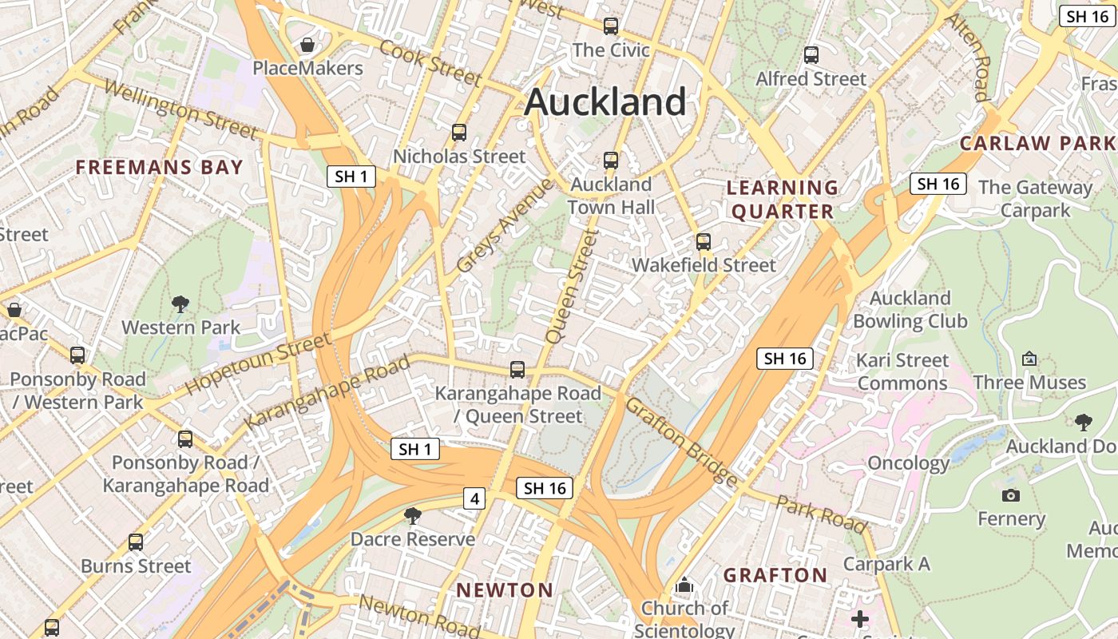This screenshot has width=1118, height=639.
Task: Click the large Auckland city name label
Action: tap(605, 102)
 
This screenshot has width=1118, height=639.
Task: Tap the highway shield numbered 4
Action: tap(474, 499)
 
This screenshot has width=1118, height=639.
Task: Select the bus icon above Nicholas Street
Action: tap(458, 133)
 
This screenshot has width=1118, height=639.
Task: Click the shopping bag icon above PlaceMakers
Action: tap(307, 45)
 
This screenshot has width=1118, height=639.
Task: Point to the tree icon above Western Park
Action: tap(180, 304)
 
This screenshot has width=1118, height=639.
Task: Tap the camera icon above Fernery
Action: tap(1011, 495)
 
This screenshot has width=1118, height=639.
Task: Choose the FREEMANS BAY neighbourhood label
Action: tap(159, 168)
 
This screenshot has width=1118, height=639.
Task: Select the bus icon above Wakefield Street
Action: tap(703, 241)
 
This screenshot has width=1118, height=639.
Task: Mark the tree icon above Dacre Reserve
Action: tap(413, 516)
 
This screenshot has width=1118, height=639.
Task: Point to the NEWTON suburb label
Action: tap(505, 590)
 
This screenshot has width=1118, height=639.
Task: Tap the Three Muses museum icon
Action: tap(1029, 359)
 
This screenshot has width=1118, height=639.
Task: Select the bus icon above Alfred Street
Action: tap(811, 55)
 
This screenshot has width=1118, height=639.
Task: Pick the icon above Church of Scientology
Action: tap(684, 585)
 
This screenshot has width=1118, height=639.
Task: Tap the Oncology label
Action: tap(908, 463)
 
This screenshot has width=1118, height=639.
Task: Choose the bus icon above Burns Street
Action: tap(136, 542)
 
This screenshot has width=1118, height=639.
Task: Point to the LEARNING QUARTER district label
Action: tap(783, 200)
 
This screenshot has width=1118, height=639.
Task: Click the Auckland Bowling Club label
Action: tap(910, 310)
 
